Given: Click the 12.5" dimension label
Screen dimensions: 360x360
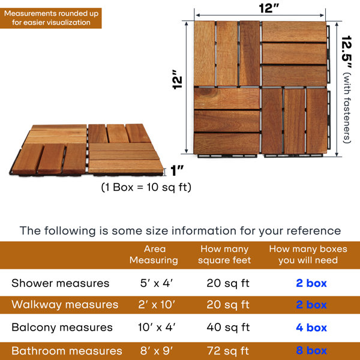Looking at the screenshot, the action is (346, 52).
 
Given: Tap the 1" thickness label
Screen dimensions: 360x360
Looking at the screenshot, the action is (177, 170).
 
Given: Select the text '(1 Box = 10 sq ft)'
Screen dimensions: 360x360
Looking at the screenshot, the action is (146, 187).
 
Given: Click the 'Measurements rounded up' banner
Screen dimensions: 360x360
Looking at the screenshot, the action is (51, 18).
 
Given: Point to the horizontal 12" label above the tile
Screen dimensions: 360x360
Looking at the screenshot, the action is (269, 8).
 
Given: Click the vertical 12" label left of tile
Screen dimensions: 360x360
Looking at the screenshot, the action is (178, 79).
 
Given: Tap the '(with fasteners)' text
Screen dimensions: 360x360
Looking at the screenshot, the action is (347, 108).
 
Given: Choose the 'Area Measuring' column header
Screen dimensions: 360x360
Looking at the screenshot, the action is (154, 254).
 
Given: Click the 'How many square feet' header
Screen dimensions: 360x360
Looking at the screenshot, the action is (224, 254).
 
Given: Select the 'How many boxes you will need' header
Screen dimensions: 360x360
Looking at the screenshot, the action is (308, 254).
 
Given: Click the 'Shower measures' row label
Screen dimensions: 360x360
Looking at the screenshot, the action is (61, 283).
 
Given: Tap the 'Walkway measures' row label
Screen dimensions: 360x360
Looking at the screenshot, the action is (65, 305).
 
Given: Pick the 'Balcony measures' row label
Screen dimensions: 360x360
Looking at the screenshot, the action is (62, 328).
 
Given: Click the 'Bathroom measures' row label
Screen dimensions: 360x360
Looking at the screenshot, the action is (67, 351).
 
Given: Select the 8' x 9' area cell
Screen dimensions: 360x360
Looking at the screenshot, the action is (157, 351).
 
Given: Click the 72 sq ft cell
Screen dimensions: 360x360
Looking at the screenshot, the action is (228, 351).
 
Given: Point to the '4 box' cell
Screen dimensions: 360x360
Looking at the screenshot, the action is (311, 328).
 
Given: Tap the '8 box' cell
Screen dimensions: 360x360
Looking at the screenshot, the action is (311, 350).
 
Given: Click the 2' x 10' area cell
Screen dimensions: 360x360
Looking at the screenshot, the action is (157, 305).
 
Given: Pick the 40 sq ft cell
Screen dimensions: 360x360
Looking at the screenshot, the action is (228, 328).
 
